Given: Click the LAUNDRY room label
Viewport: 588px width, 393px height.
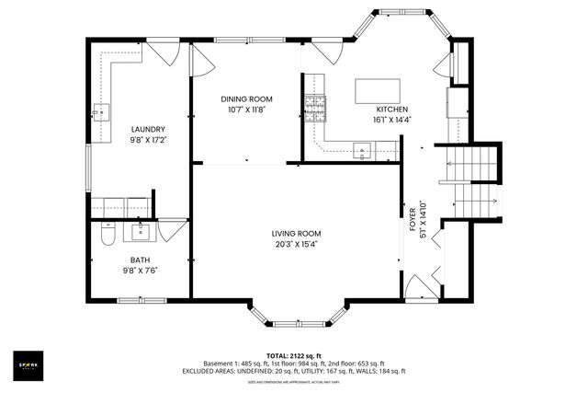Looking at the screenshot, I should (x=147, y=130).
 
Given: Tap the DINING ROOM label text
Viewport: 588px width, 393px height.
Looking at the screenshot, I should (x=247, y=98).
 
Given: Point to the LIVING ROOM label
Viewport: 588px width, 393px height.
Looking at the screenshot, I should (x=295, y=234).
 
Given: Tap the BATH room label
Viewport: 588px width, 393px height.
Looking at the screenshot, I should (x=140, y=260).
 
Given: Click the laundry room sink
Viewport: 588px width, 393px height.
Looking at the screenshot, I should (x=100, y=113).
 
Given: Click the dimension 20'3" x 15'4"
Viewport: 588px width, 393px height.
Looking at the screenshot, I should (x=295, y=245).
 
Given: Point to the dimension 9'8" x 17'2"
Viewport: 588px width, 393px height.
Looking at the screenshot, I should (x=147, y=141).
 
